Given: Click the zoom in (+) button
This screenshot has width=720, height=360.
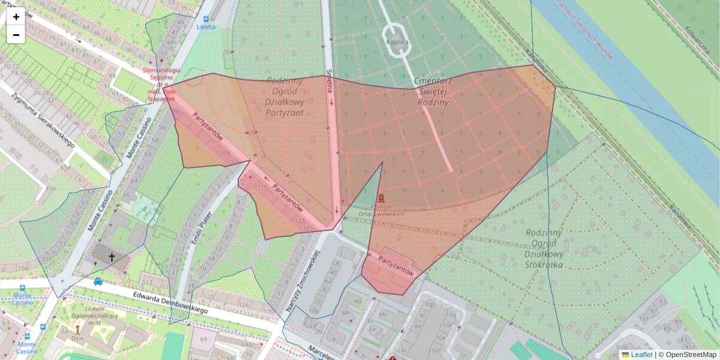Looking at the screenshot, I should [x=16, y=17].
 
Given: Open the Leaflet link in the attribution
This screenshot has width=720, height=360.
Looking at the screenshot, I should [x=641, y=355].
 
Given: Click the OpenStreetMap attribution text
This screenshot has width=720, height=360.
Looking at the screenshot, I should [x=691, y=355].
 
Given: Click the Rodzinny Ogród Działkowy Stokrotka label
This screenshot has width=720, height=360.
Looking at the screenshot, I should [x=544, y=248].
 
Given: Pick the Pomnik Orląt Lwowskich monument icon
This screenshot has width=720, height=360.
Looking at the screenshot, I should [x=381, y=197].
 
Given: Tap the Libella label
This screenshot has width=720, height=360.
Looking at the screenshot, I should [x=205, y=27].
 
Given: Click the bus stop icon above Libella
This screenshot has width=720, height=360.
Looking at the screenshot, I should [x=206, y=19].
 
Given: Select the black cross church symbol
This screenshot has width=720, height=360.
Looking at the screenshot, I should [x=112, y=257].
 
